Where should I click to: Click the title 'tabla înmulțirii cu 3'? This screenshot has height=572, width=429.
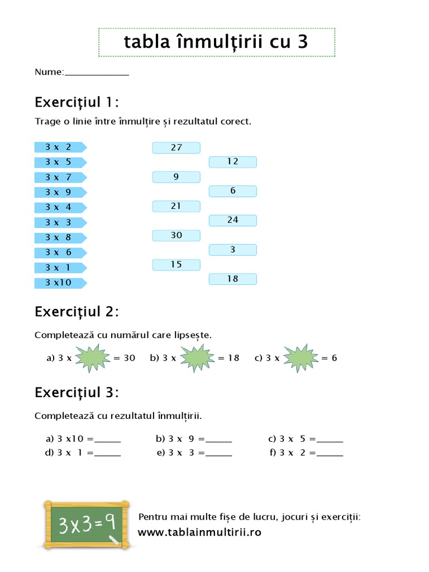216,42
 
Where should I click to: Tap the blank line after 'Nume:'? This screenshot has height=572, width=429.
97,73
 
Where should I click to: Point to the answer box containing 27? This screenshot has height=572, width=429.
176,147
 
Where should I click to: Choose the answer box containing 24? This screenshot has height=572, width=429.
232,220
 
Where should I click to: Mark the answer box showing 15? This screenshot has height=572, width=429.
176,264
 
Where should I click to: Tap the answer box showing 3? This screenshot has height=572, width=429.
232,250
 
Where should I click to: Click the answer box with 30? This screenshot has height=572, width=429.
176,235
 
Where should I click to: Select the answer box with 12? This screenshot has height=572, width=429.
232,161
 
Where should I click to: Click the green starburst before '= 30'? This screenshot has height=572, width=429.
93,358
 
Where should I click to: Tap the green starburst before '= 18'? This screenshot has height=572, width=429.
196,358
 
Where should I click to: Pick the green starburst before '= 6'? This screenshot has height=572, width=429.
300,358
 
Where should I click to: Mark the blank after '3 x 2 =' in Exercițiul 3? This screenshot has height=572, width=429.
330,454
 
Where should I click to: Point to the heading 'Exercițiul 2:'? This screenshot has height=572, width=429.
77,311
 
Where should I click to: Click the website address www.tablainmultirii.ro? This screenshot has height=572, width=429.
199,532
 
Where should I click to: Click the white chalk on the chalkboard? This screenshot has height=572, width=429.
114,540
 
